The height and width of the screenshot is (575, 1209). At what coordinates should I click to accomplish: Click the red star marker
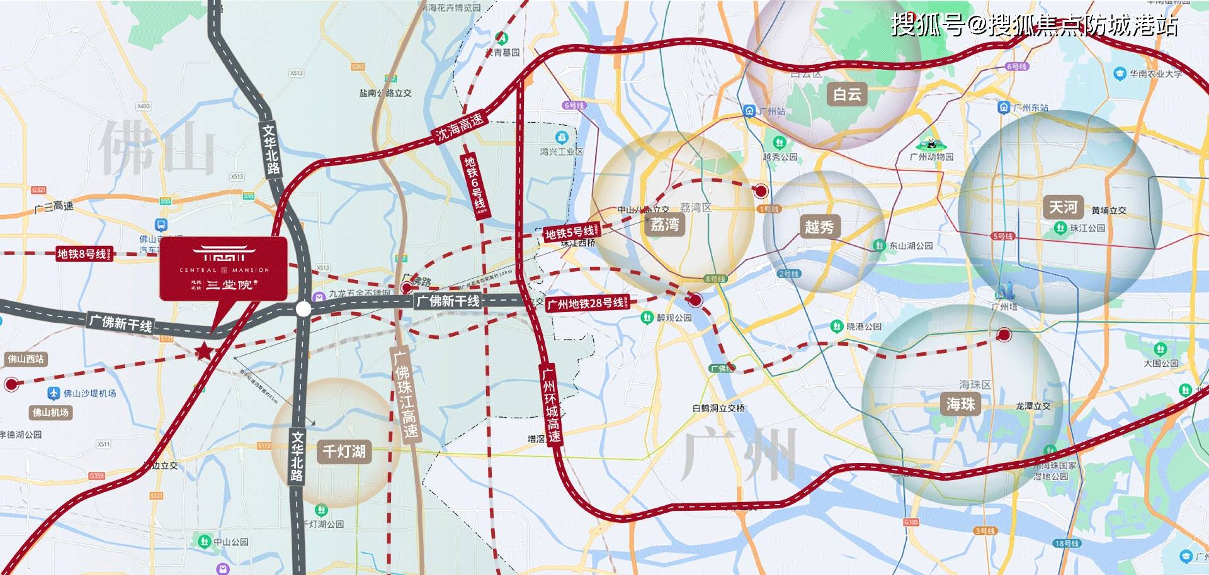click(203, 352)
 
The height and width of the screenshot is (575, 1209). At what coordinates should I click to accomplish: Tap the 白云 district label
click(847, 94)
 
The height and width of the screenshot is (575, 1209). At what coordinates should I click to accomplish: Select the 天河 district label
click(1063, 207)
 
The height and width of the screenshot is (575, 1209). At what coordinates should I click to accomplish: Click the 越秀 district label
click(819, 226)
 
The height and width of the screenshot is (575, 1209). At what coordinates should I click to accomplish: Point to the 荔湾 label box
click(665, 224)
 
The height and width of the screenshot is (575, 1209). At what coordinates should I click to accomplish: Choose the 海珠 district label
click(960, 403)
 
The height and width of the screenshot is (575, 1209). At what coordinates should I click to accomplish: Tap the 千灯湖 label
click(344, 451)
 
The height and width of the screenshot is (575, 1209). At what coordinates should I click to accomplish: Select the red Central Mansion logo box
click(224, 269)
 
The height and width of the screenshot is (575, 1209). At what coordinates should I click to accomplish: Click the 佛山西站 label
click(26, 359)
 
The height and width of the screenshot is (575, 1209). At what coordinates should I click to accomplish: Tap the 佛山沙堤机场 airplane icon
click(54, 393)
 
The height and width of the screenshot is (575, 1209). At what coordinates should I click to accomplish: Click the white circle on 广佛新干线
click(304, 309)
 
